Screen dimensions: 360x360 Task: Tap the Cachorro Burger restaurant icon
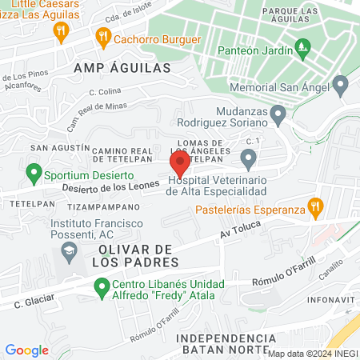tap(102, 36)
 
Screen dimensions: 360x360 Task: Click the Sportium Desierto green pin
tap(34, 172)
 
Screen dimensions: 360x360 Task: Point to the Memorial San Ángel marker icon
tap(342, 84)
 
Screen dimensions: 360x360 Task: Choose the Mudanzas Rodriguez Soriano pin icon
tap(278, 116)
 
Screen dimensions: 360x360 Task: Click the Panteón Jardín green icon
tap(302, 49)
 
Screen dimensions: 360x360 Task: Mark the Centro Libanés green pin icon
tap(102, 286)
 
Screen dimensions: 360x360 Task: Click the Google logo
tap(27, 350)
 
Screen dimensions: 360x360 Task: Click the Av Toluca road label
tap(242, 233)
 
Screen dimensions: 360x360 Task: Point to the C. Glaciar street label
tap(34, 303)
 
